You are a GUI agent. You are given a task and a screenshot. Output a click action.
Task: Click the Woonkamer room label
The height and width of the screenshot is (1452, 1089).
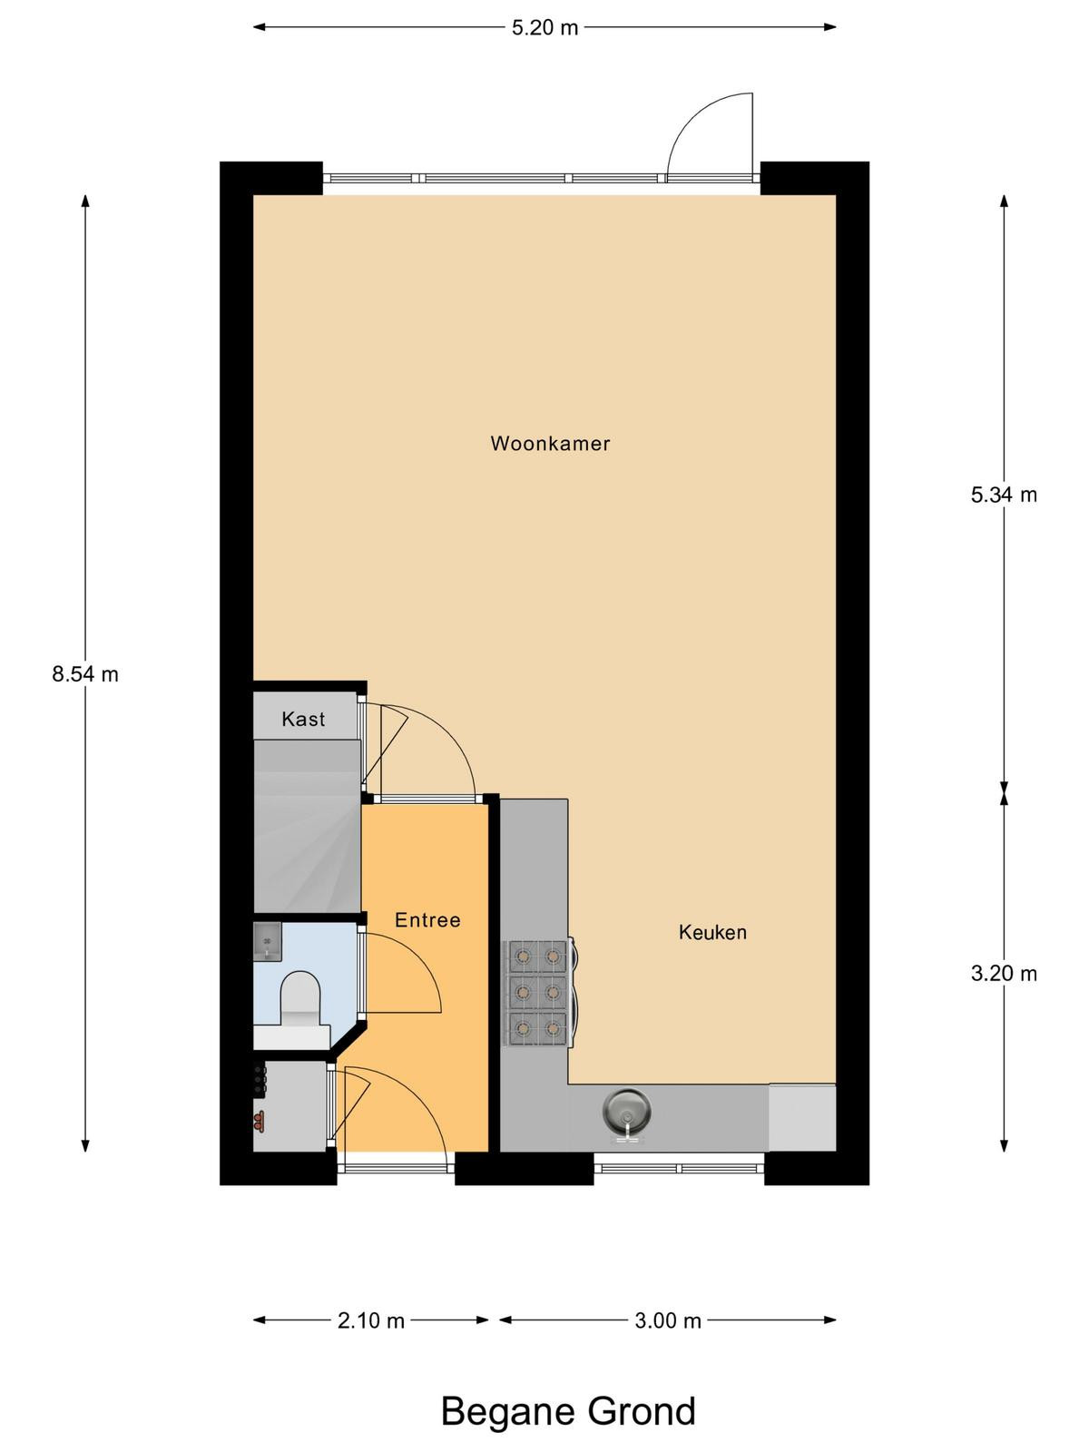[550, 443]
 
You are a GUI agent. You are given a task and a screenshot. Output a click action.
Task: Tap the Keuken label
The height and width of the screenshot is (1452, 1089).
[712, 932]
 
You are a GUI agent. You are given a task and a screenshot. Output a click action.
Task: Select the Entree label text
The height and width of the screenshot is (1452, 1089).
[427, 919]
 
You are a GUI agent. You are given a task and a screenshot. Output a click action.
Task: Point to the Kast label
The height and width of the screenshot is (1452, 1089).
[303, 719]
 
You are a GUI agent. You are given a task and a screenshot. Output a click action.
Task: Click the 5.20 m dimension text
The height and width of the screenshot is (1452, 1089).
[544, 28]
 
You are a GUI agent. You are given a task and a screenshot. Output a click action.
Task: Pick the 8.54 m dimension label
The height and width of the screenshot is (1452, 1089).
[85, 674]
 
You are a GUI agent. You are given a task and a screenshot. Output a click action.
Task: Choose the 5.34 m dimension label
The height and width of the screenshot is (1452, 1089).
[1004, 495]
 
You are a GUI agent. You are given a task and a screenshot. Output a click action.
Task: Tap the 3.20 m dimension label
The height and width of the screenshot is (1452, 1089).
[1004, 974]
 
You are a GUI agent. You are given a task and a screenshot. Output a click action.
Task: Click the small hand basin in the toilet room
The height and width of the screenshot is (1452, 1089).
[268, 941]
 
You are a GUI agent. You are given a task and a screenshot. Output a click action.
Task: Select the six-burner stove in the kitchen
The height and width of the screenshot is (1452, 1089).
[536, 992]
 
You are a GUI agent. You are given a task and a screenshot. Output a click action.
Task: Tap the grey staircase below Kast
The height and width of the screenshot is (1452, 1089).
[308, 826]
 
